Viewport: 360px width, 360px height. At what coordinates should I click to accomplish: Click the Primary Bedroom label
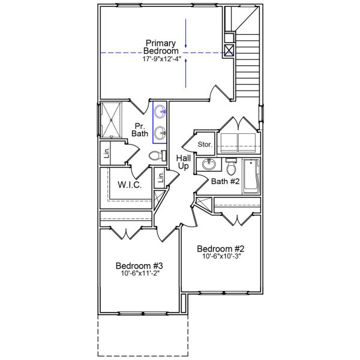coord(160,47)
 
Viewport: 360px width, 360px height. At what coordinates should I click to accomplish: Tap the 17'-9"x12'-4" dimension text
coord(160,59)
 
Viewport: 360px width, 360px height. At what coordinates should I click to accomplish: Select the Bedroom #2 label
coord(221,248)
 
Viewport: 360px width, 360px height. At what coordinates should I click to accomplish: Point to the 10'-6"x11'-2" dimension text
coord(139,274)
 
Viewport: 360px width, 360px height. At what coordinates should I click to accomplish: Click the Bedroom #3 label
coord(139,266)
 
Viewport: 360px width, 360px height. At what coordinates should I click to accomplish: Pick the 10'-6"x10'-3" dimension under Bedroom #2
coord(221,256)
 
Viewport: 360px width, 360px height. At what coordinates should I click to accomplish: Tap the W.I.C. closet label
coord(129,185)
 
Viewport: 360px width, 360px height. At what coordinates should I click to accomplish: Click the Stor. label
coord(205,145)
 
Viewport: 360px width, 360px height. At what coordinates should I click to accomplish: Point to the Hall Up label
coord(183,161)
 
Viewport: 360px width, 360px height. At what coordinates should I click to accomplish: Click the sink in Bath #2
coord(209,164)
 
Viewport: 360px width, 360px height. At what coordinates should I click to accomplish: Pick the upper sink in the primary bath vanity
coord(160,111)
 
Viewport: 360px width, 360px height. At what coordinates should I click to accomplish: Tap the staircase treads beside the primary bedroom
coord(248,60)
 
